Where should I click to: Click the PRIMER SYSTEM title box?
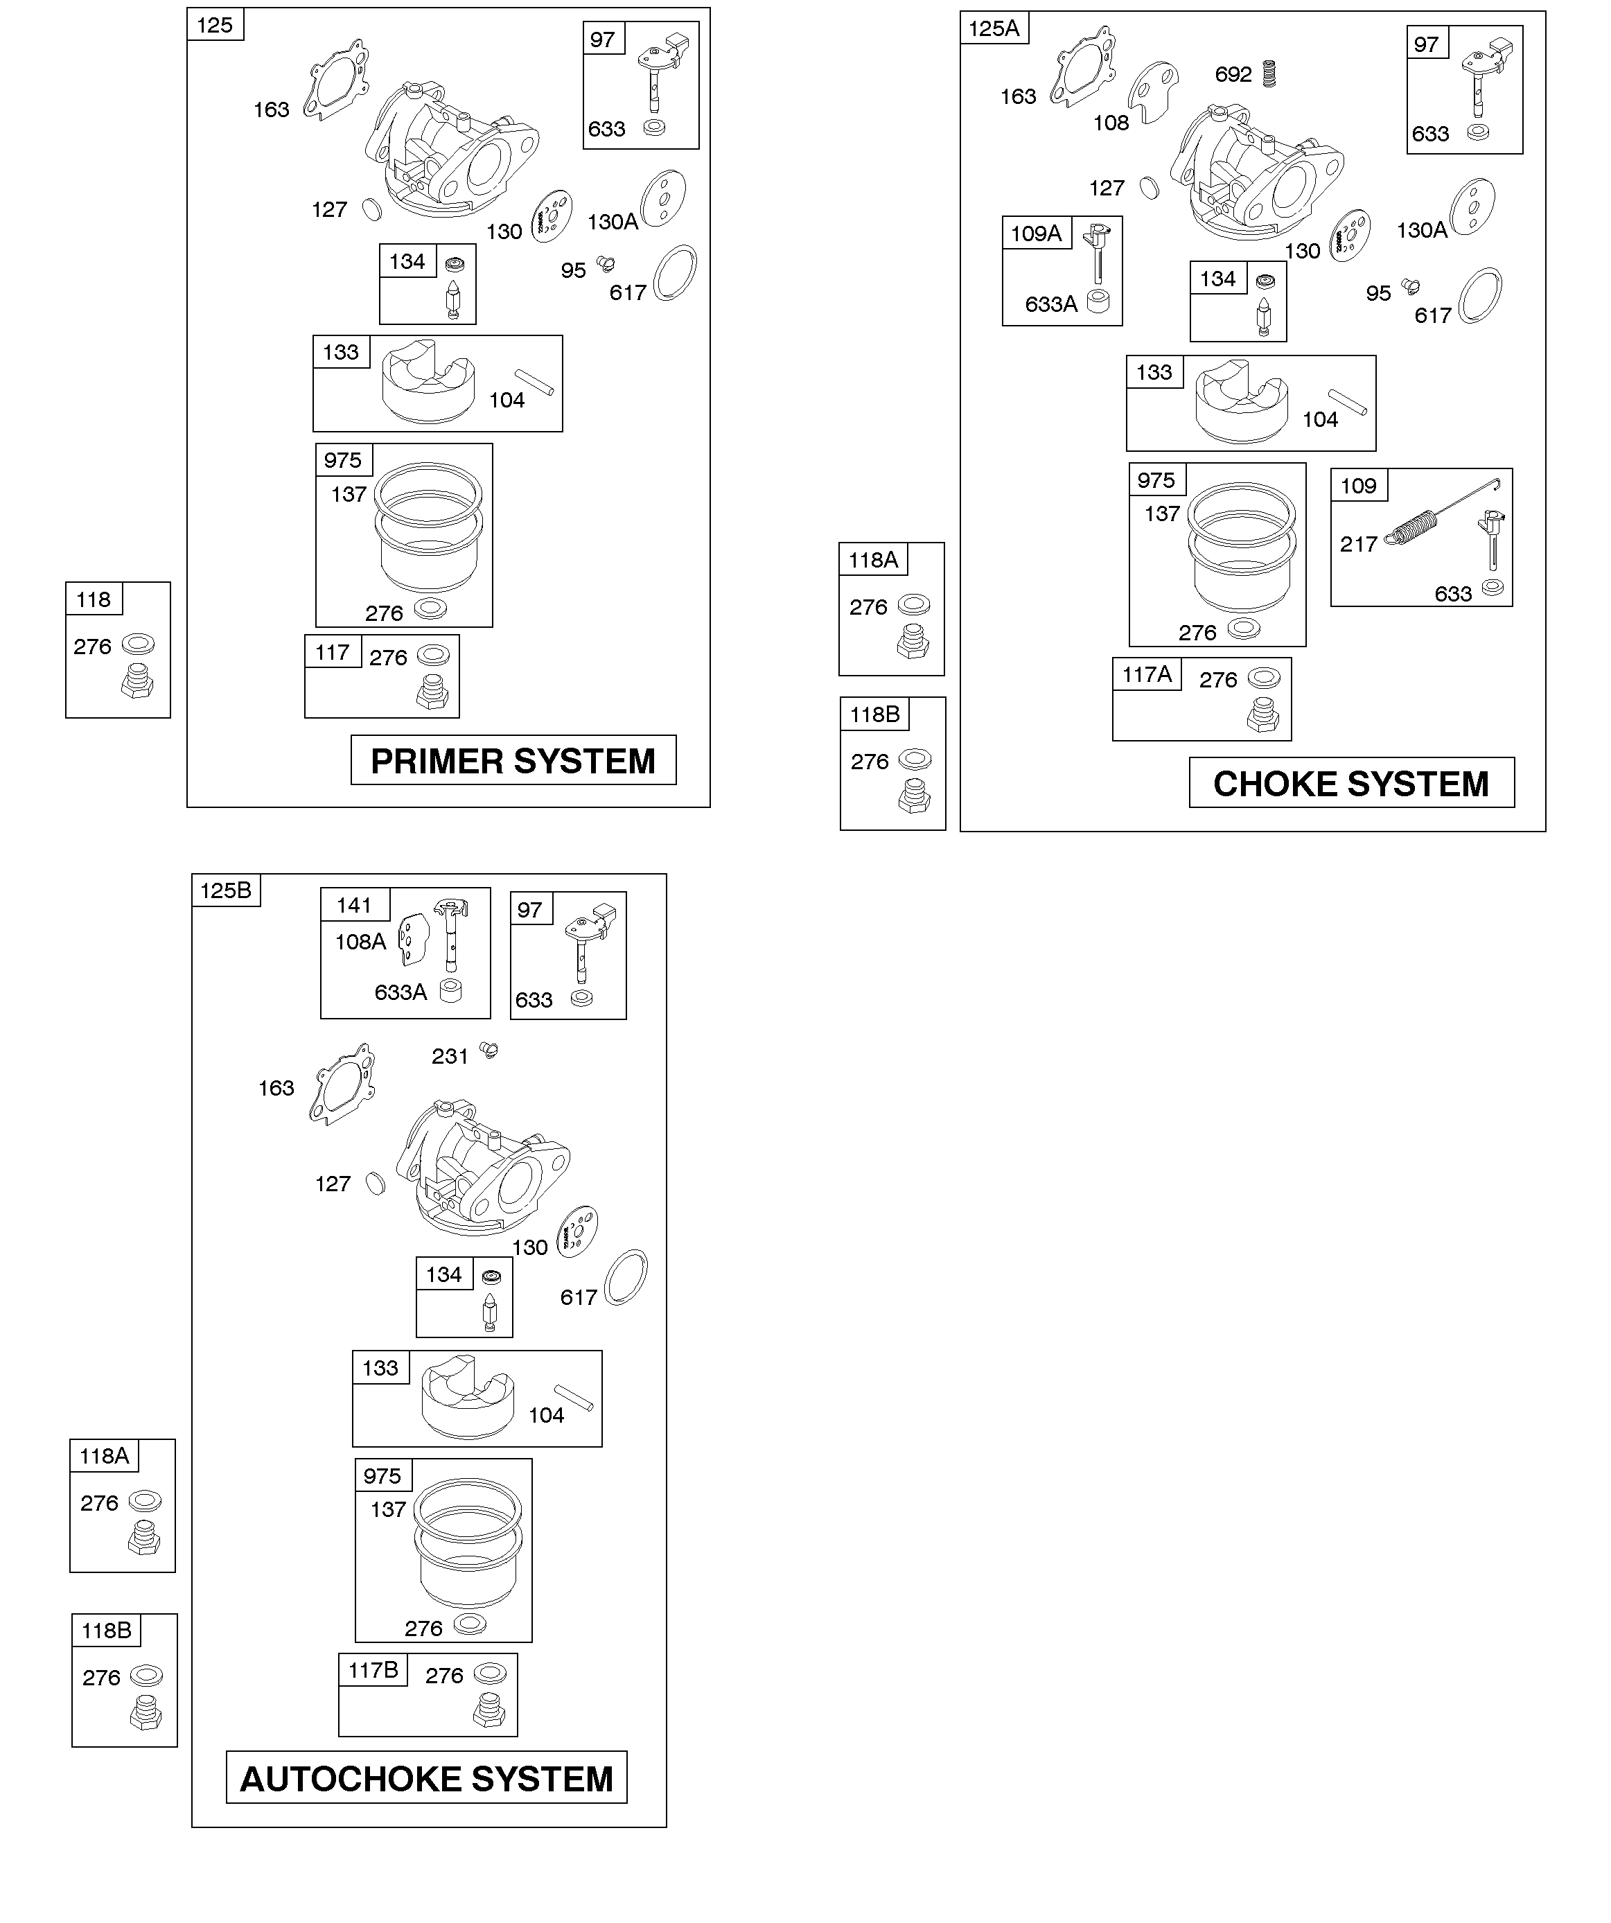pos(513,760)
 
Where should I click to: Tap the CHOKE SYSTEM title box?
pos(1351,783)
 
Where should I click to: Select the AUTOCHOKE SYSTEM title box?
pos(427,1778)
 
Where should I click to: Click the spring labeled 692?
pos(1269,73)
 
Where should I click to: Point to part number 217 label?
pos(1358,544)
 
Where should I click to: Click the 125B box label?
pos(225,890)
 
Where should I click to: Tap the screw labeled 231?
pos(489,1051)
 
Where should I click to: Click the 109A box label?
pos(1036,234)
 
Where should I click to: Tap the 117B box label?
pos(373,1669)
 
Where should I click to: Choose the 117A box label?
pos(1147,675)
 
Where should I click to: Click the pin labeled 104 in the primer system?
pos(535,382)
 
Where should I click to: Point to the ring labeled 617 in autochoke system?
pos(626,1276)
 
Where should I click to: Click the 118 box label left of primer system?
pos(94,600)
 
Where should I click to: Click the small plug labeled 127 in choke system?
pos(1150,188)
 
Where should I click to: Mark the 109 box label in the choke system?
pos(1358,485)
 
